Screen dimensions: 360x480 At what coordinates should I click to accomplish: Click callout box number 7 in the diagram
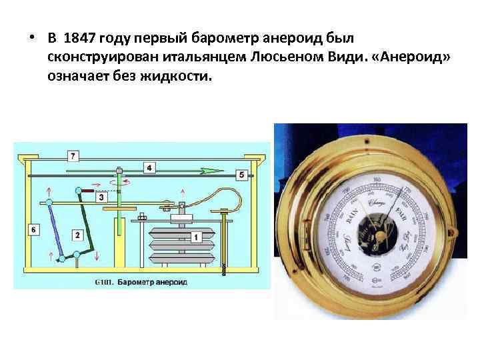coord(73,155)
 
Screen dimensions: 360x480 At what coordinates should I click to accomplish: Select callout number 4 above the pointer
coord(150,167)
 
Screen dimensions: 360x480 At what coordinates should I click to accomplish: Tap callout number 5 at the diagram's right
coord(241,175)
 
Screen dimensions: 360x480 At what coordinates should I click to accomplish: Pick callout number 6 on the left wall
coord(34,229)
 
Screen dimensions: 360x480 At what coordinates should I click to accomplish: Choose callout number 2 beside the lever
coord(78,235)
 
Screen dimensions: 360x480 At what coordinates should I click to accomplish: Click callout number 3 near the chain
coord(101,197)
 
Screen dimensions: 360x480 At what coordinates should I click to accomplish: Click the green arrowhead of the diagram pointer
coord(215,171)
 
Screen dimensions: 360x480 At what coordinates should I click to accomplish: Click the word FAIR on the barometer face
coord(401,215)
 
